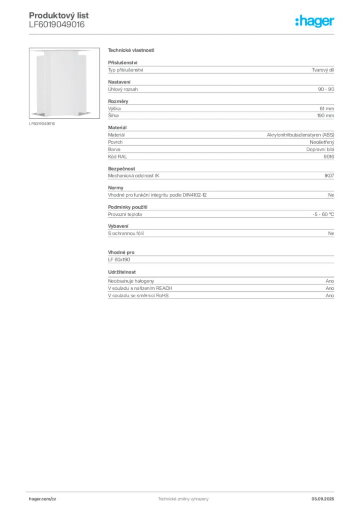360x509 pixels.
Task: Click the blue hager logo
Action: point(315,21)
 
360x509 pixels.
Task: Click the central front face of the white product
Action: point(60,82)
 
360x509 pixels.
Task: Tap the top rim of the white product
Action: point(61,51)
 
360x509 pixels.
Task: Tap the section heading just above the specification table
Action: point(131,51)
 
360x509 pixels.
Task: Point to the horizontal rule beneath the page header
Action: point(183,34)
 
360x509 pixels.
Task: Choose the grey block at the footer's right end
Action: point(326,496)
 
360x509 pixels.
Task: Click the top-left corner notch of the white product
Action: point(31,50)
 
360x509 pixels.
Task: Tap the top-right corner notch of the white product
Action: point(90,50)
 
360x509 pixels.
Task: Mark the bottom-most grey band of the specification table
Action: point(220,297)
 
